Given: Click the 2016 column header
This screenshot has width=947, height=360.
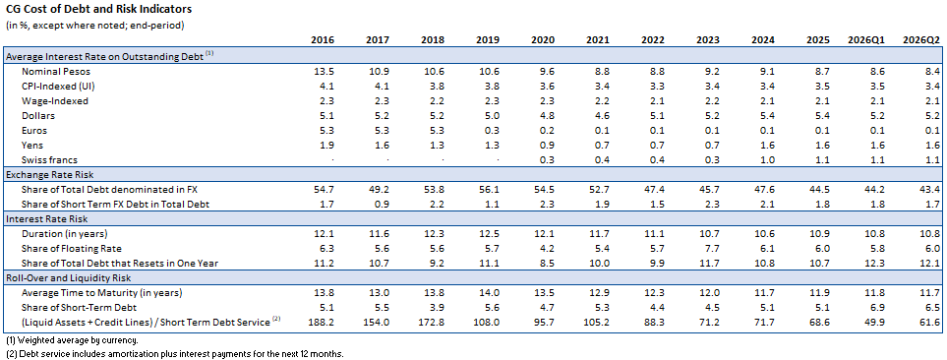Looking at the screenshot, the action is [323, 40].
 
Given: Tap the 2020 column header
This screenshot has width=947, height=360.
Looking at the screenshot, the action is [543, 40].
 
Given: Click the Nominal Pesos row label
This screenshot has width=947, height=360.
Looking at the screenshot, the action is [55, 71].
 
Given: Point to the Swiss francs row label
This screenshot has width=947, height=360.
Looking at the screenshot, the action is [50, 159].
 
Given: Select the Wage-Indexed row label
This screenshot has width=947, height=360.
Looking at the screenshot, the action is [55, 101].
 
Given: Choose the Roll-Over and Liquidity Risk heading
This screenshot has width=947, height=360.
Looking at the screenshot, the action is [68, 277].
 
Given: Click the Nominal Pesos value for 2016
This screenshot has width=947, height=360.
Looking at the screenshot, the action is [326, 71].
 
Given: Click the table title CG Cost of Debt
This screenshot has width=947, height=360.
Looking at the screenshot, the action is [98, 10].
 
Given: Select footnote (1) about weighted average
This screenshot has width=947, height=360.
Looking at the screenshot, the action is [73, 340].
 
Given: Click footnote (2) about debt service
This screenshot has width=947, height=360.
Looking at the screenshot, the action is [174, 353].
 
